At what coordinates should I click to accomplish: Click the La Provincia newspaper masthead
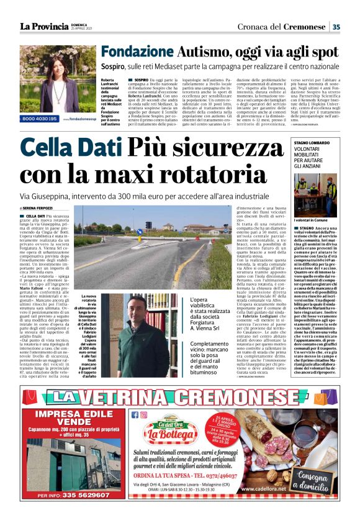[x=43, y=26]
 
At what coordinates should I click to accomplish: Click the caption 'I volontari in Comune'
[x=310, y=220]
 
